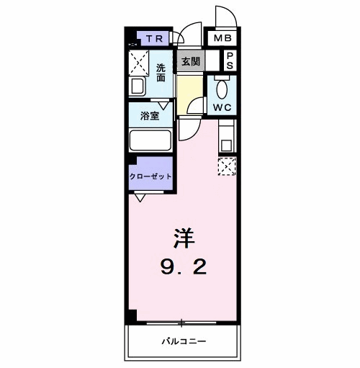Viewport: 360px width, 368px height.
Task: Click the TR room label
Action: pyautogui.click(x=155, y=39)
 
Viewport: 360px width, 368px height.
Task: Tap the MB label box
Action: pyautogui.click(x=222, y=38)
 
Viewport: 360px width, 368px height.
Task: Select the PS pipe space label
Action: pyautogui.click(x=230, y=60)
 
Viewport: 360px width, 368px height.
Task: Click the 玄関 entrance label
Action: pyautogui.click(x=191, y=61)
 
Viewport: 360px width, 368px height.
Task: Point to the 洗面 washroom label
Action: pyautogui.click(x=161, y=73)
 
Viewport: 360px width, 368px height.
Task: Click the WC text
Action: pyautogui.click(x=222, y=107)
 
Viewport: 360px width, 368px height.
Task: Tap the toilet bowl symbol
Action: pyautogui.click(x=222, y=88)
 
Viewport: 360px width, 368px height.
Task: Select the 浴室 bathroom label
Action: pyautogui.click(x=150, y=116)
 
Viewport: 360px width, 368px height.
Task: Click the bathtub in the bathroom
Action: pyautogui.click(x=150, y=140)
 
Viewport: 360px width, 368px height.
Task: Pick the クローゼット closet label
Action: pyautogui.click(x=150, y=176)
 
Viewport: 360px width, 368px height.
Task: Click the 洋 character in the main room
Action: pyautogui.click(x=184, y=238)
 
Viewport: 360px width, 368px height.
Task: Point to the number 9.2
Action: pyautogui.click(x=184, y=267)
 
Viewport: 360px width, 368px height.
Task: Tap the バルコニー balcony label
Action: pyautogui.click(x=184, y=341)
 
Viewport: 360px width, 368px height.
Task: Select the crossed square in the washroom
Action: pyautogui.click(x=139, y=63)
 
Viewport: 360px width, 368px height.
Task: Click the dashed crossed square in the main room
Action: pyautogui.click(x=227, y=166)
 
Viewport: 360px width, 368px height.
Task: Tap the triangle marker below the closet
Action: pyautogui.click(x=140, y=197)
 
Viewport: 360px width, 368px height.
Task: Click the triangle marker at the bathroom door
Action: pyautogui.click(x=163, y=105)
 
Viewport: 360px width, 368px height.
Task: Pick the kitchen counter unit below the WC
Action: pyautogui.click(x=228, y=136)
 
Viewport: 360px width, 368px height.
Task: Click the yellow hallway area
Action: pyautogui.click(x=189, y=95)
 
